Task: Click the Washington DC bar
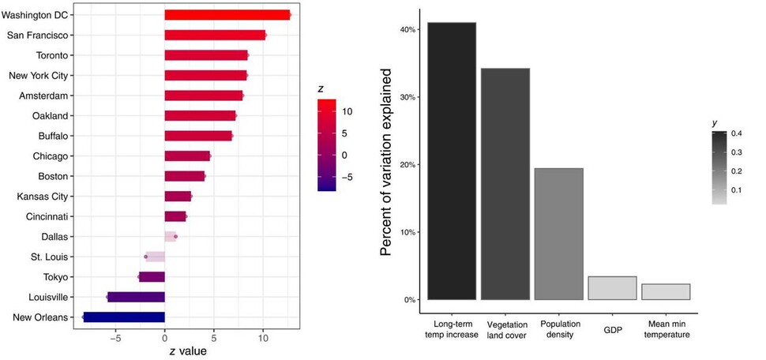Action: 227,15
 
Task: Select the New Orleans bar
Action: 124,317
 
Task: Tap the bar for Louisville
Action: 136,297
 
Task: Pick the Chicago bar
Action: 187,156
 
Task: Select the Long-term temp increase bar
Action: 452,161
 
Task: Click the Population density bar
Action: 559,234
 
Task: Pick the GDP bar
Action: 612,288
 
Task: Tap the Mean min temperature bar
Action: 666,291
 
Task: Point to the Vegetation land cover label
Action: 505,329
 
